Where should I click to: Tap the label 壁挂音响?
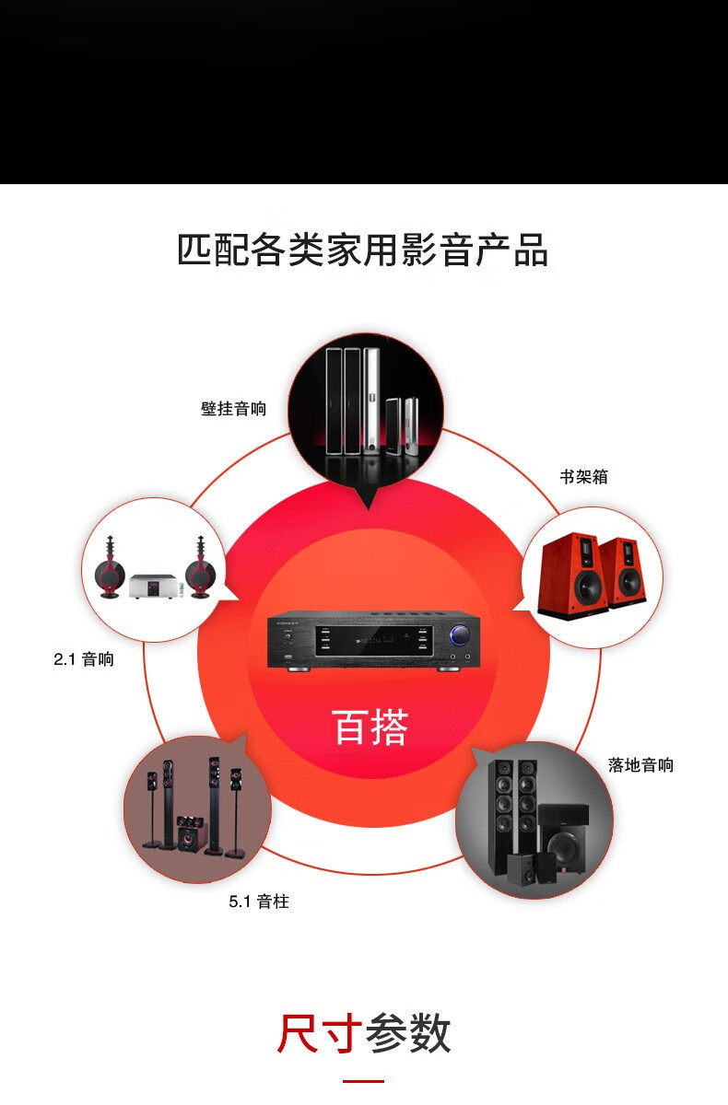tap(233, 408)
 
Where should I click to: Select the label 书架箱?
tap(583, 477)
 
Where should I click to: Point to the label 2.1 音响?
tap(84, 659)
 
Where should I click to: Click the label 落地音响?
tap(640, 765)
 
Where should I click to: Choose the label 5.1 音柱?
tap(259, 901)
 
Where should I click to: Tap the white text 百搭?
tap(370, 727)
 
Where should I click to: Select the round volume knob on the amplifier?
tap(457, 636)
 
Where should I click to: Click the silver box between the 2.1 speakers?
tap(153, 586)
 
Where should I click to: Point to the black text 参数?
tap(407, 1034)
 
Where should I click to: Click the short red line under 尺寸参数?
tap(363, 1081)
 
